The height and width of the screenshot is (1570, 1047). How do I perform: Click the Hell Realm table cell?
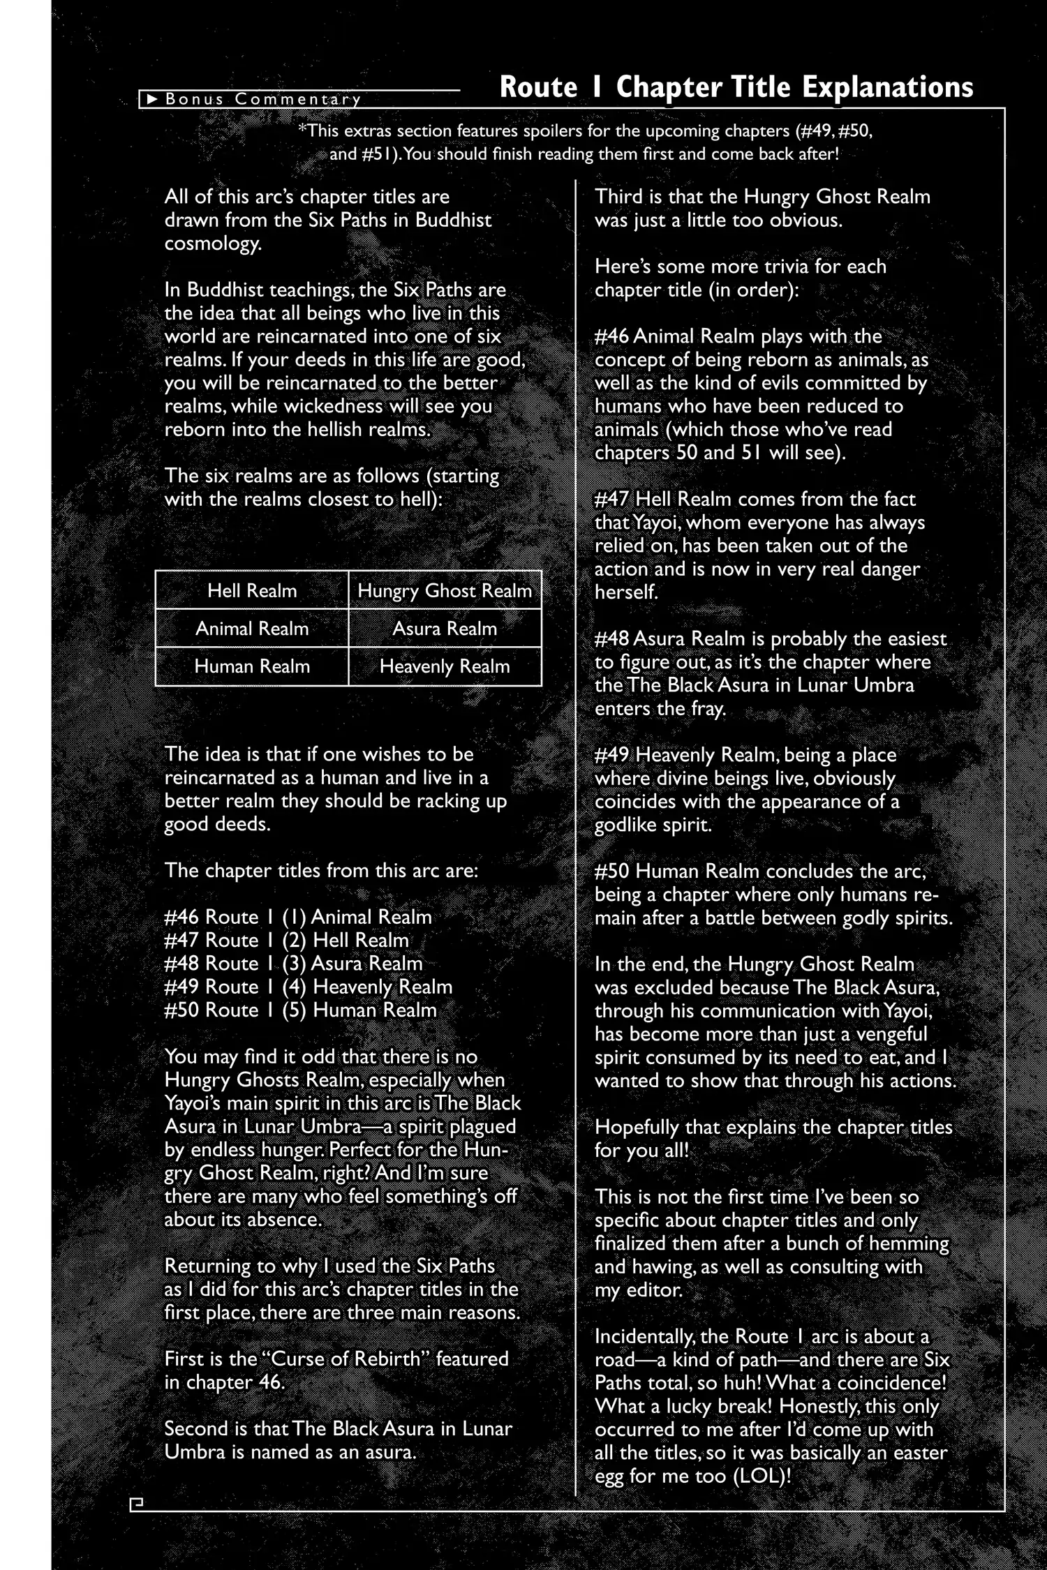pos(252,591)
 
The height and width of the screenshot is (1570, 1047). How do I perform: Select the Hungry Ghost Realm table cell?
pos(445,591)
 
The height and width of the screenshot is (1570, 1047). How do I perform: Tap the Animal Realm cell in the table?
pos(252,629)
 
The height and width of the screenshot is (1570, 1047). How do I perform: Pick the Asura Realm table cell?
pos(445,629)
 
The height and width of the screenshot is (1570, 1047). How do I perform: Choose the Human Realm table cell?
pos(252,666)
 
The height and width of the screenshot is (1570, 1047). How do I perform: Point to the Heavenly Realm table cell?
pos(445,666)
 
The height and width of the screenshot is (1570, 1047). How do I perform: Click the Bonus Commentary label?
pos(263,99)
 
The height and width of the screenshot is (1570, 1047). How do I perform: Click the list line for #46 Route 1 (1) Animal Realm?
pos(298,917)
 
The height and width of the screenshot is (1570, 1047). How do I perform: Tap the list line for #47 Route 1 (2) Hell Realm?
pos(287,940)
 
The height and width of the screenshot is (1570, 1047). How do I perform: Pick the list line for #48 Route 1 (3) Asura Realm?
pos(294,964)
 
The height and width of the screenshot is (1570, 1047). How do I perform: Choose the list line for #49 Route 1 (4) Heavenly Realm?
pos(309,987)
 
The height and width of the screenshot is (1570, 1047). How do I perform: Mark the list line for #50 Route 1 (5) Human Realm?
pos(301,1010)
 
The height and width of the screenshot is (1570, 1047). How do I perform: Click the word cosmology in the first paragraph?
pos(213,244)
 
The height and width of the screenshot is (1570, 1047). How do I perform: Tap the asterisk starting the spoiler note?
pos(302,128)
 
